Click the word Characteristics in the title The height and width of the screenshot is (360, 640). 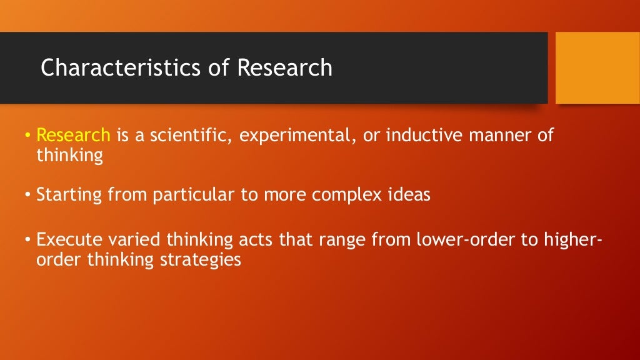point(122,67)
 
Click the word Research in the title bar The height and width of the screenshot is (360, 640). point(284,67)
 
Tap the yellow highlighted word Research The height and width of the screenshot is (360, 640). point(73,136)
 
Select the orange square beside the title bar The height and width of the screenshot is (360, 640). point(597,67)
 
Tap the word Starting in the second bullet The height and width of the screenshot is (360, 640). point(69,195)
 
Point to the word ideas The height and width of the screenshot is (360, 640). point(409,195)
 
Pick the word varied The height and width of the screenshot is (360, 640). point(129,240)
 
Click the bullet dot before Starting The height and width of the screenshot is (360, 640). point(27,195)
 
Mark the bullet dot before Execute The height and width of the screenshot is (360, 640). point(27,240)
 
